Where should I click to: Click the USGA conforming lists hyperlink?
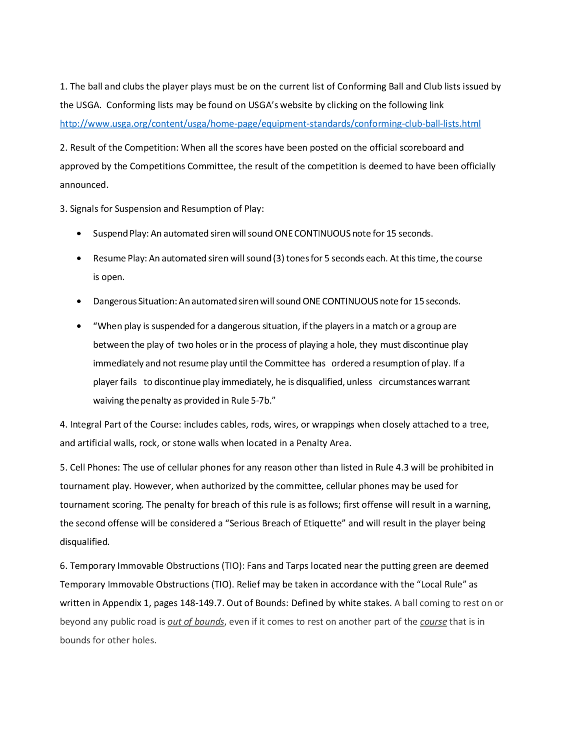[x=270, y=124]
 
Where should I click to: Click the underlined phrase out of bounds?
[x=196, y=622]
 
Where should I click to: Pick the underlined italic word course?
[x=433, y=622]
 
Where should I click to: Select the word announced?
[x=83, y=185]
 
